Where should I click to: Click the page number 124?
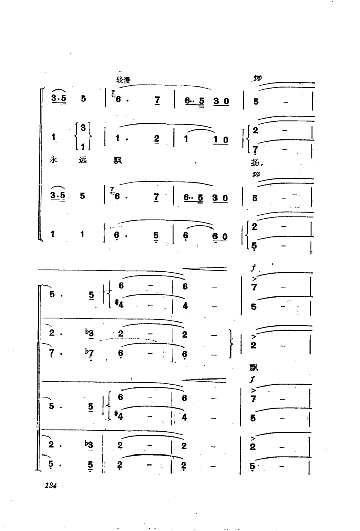coord(50,485)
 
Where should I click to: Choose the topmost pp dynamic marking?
coord(257,79)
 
